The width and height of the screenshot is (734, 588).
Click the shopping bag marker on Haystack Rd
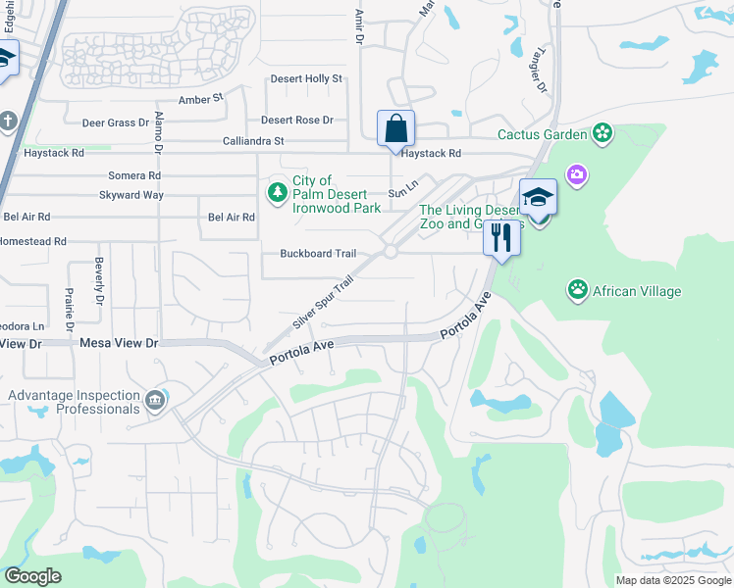click(395, 128)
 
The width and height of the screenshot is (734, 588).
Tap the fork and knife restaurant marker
click(501, 237)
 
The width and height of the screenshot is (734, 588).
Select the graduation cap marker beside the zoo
click(538, 198)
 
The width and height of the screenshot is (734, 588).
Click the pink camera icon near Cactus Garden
click(577, 174)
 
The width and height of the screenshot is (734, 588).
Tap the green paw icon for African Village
click(578, 290)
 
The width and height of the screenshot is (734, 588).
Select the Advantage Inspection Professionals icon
click(155, 399)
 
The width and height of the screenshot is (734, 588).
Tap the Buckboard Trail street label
click(318, 253)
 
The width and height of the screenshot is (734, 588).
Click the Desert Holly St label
click(309, 78)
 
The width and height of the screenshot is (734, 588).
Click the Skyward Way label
click(131, 195)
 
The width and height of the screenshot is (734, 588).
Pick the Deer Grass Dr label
click(115, 122)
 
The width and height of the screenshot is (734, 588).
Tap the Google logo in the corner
click(31, 576)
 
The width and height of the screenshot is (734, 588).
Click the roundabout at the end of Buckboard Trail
click(390, 252)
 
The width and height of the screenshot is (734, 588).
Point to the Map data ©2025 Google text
click(673, 580)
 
